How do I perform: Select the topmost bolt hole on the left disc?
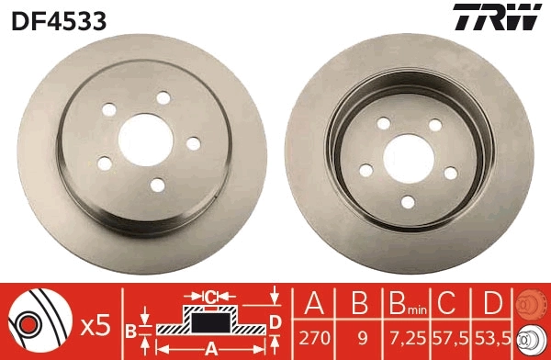[x=163, y=97]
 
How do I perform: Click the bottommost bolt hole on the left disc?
[x=156, y=186]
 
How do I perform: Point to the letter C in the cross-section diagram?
[x=210, y=296]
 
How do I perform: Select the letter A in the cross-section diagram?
[x=209, y=348]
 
